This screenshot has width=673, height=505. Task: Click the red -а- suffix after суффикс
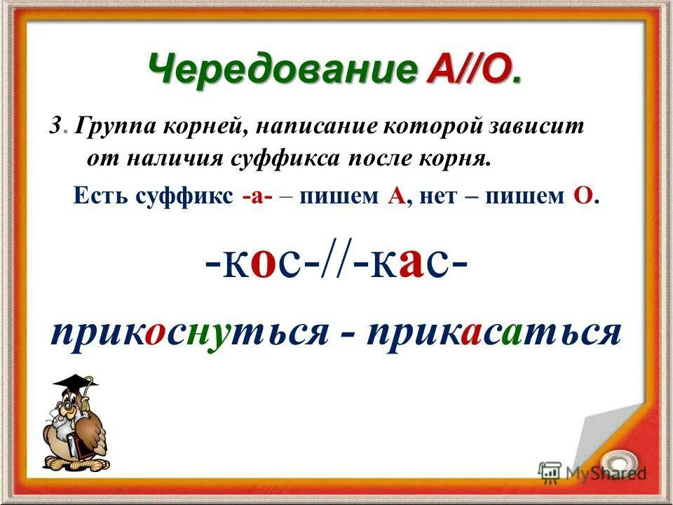pos(257,196)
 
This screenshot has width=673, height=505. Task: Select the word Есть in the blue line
pos(97,196)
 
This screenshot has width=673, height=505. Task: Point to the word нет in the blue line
pos(440,196)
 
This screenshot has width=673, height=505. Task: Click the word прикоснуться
pos(189,330)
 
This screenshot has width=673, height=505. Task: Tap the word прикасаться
pos(495,330)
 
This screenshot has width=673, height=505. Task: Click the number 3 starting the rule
pos(55,128)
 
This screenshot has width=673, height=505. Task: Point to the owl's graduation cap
pos(76,384)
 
